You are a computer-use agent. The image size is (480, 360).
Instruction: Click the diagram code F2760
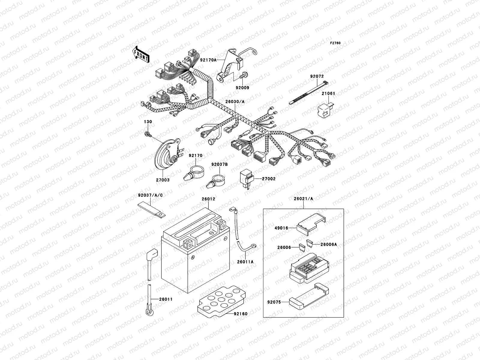pos(335,43)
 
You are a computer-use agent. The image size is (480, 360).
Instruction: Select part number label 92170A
pos(208,60)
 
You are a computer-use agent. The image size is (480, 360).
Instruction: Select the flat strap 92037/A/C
pos(151,209)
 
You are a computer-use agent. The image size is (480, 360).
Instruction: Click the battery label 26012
pos(208,199)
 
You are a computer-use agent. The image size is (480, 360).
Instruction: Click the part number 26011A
pos(245,262)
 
